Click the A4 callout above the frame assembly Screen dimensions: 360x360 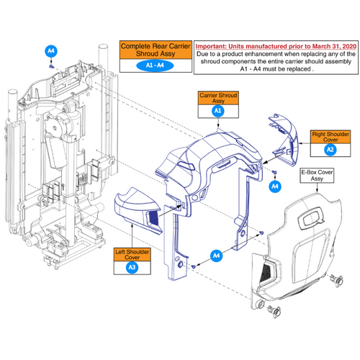click(50, 52)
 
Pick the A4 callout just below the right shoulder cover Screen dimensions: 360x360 click(274, 186)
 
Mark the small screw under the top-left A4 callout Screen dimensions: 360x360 click(53, 65)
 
